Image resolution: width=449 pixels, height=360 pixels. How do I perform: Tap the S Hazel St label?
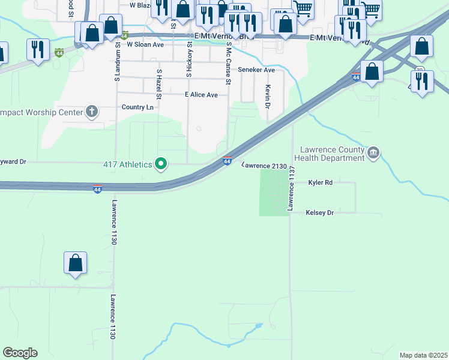159,84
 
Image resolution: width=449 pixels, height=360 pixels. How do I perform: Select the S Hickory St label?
190,60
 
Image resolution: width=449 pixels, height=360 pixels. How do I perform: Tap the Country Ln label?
137,107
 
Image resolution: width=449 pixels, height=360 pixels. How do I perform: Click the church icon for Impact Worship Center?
92,111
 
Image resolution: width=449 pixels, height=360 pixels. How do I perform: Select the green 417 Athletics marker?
161,163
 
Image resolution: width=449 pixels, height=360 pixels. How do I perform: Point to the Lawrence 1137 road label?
291,188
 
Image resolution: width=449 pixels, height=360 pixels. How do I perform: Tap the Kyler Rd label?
320,182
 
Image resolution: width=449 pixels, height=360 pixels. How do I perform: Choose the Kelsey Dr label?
319,212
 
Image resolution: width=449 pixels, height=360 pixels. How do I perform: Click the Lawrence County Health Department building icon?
373,154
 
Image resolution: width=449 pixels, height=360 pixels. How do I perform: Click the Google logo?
20,353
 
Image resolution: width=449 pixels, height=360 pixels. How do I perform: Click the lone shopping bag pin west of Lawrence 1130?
75,263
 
